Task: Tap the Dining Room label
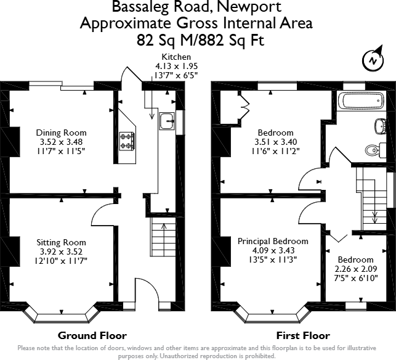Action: (x=61, y=133)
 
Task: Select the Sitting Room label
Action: (x=61, y=242)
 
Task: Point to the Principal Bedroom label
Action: (x=273, y=241)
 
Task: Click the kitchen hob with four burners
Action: (x=127, y=141)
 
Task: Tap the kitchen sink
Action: (x=166, y=121)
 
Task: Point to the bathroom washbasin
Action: (x=380, y=126)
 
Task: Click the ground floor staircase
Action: (x=161, y=240)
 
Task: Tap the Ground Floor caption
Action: (x=92, y=336)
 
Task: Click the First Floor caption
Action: (x=302, y=336)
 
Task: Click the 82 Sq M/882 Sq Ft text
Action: (x=196, y=40)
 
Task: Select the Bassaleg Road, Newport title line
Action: (x=196, y=8)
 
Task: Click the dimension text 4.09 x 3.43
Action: (x=273, y=251)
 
